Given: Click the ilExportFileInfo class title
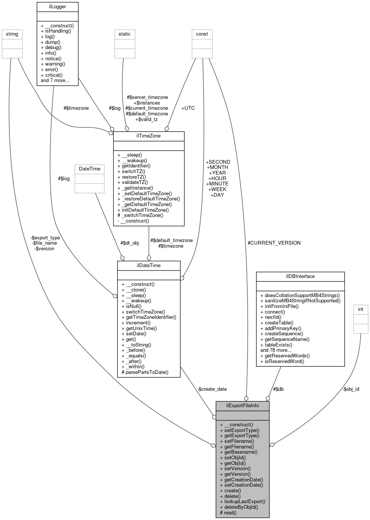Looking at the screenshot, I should coord(242,406).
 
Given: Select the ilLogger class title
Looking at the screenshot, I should coord(57,7).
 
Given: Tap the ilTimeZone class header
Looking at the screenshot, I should coord(149,136).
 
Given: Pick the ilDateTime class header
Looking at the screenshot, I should coord(149,265).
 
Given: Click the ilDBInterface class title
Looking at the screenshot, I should coord(300,276).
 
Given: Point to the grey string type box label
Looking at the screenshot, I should coord(12,34).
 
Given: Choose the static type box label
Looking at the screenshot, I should coord(125,34).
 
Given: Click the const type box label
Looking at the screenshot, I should coord(202,34).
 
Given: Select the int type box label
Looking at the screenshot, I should coord(361,309).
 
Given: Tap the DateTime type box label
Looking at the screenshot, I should coord(90,169).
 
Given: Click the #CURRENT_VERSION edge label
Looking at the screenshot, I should coord(274,243).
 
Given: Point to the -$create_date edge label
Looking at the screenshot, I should coord(212,389).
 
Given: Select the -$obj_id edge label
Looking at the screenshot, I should coord(351,389).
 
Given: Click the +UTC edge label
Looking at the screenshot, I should coord(188,108).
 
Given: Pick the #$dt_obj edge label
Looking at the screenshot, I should coord(129,243).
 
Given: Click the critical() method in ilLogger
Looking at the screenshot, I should coord(53,75).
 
